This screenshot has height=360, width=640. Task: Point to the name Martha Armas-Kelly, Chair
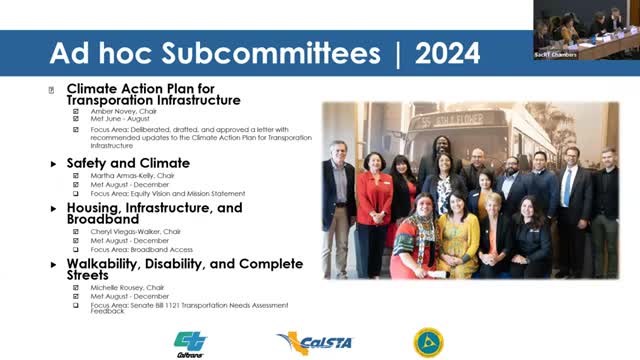(132, 175)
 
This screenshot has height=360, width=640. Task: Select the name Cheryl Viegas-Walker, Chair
(136, 231)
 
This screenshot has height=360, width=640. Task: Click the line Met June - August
(120, 119)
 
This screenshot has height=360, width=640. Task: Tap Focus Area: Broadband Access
(141, 249)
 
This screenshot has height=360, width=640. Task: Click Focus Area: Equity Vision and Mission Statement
(160, 192)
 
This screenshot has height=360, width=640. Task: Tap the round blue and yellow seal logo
(429, 342)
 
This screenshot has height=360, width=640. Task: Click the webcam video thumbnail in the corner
(585, 29)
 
